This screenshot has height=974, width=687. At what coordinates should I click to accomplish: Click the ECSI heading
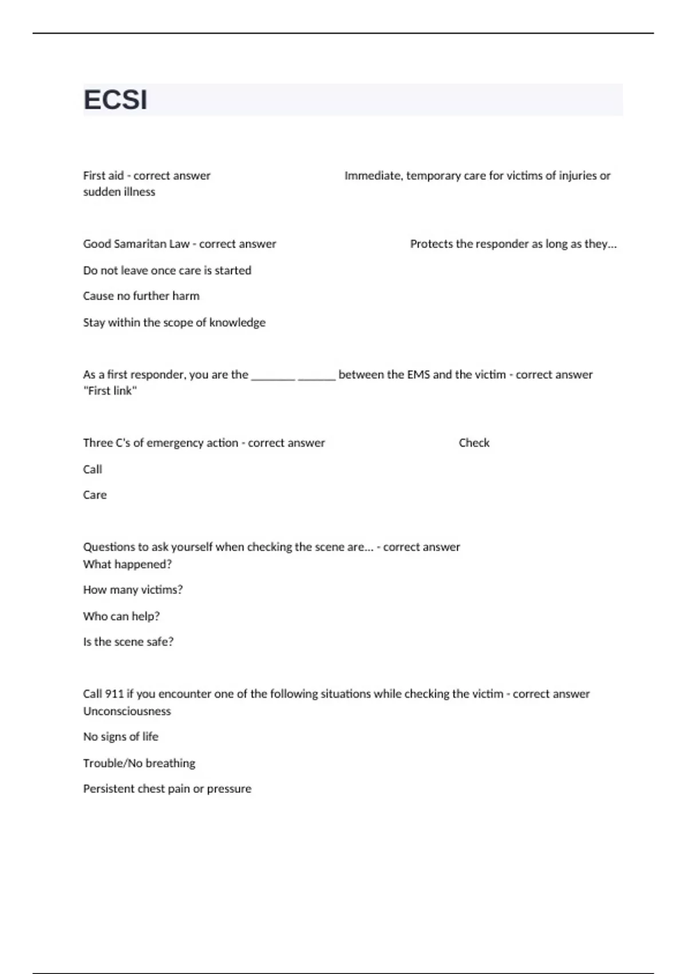pos(116,100)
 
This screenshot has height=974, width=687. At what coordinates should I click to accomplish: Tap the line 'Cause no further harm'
pos(141,296)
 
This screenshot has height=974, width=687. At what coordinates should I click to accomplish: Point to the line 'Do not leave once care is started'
pos(167,270)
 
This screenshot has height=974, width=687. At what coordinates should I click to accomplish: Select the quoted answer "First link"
pos(110,391)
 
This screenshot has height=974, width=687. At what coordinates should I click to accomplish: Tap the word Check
pos(474,442)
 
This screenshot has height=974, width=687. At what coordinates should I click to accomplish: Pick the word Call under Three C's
pos(93,469)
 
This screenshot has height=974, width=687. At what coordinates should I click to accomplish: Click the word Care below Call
pos(95,494)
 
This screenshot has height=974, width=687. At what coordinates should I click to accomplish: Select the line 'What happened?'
pos(128,564)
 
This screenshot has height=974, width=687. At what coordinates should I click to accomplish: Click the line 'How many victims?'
pos(133,590)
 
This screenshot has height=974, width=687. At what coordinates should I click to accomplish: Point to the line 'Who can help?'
pos(121,616)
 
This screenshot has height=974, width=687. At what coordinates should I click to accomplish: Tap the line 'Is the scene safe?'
pos(128,642)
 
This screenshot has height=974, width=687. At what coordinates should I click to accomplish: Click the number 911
pos(114,693)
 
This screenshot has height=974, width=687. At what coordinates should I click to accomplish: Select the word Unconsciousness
pos(127,711)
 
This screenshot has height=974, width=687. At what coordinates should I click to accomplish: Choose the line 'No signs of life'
pos(121,736)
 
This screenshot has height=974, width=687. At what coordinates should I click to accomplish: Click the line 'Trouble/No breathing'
pos(139,763)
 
